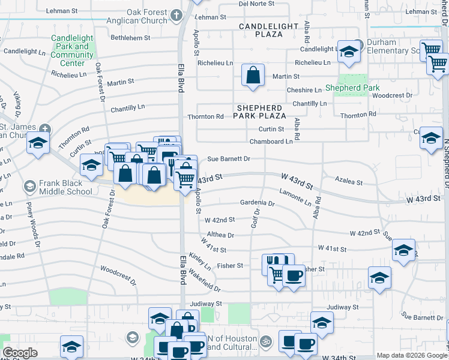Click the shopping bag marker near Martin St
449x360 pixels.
point(253,76)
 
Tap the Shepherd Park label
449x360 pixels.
point(352,88)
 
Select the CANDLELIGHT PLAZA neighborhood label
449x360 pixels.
point(268,31)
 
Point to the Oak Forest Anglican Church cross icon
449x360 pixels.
point(175,14)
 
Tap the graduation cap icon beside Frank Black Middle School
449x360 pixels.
point(29,187)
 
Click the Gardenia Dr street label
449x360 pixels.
point(257,203)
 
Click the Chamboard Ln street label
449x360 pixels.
point(271,142)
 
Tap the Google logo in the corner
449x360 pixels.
point(20,353)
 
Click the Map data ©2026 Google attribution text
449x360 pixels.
point(411,355)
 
